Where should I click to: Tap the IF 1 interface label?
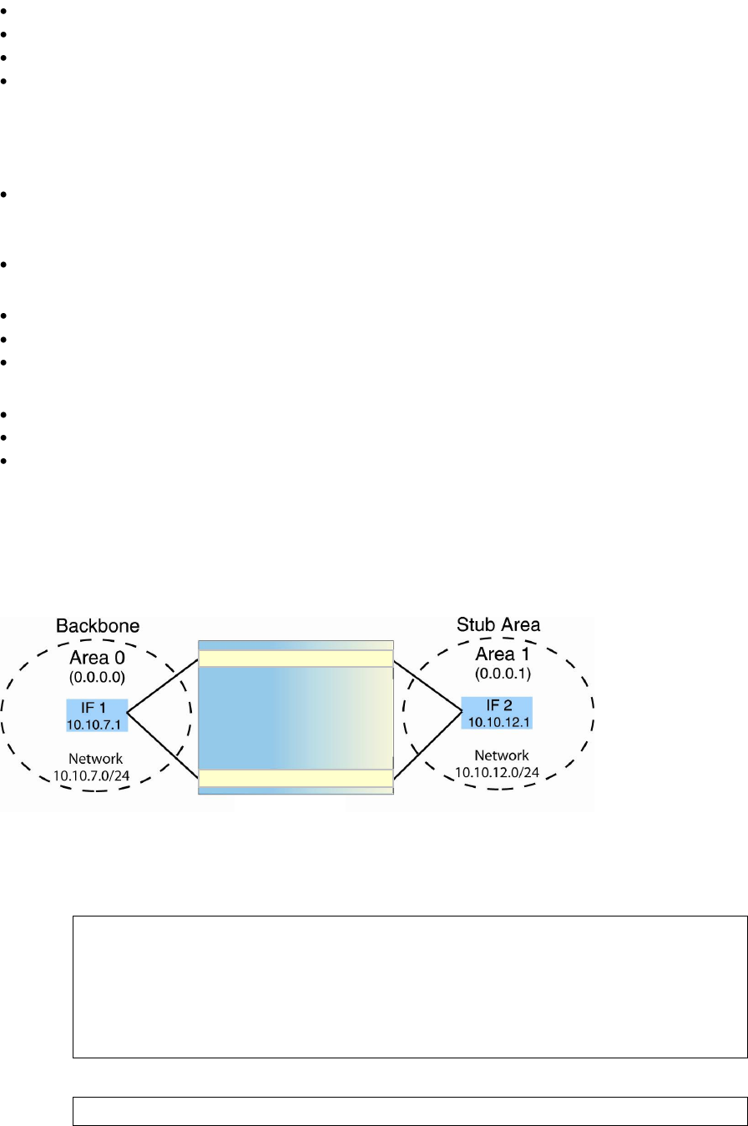point(97,708)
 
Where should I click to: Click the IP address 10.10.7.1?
point(97,722)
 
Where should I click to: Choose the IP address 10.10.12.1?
point(498,721)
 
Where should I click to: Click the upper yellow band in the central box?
point(296,659)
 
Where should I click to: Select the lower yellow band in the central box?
point(296,778)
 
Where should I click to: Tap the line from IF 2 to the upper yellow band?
point(427,687)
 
